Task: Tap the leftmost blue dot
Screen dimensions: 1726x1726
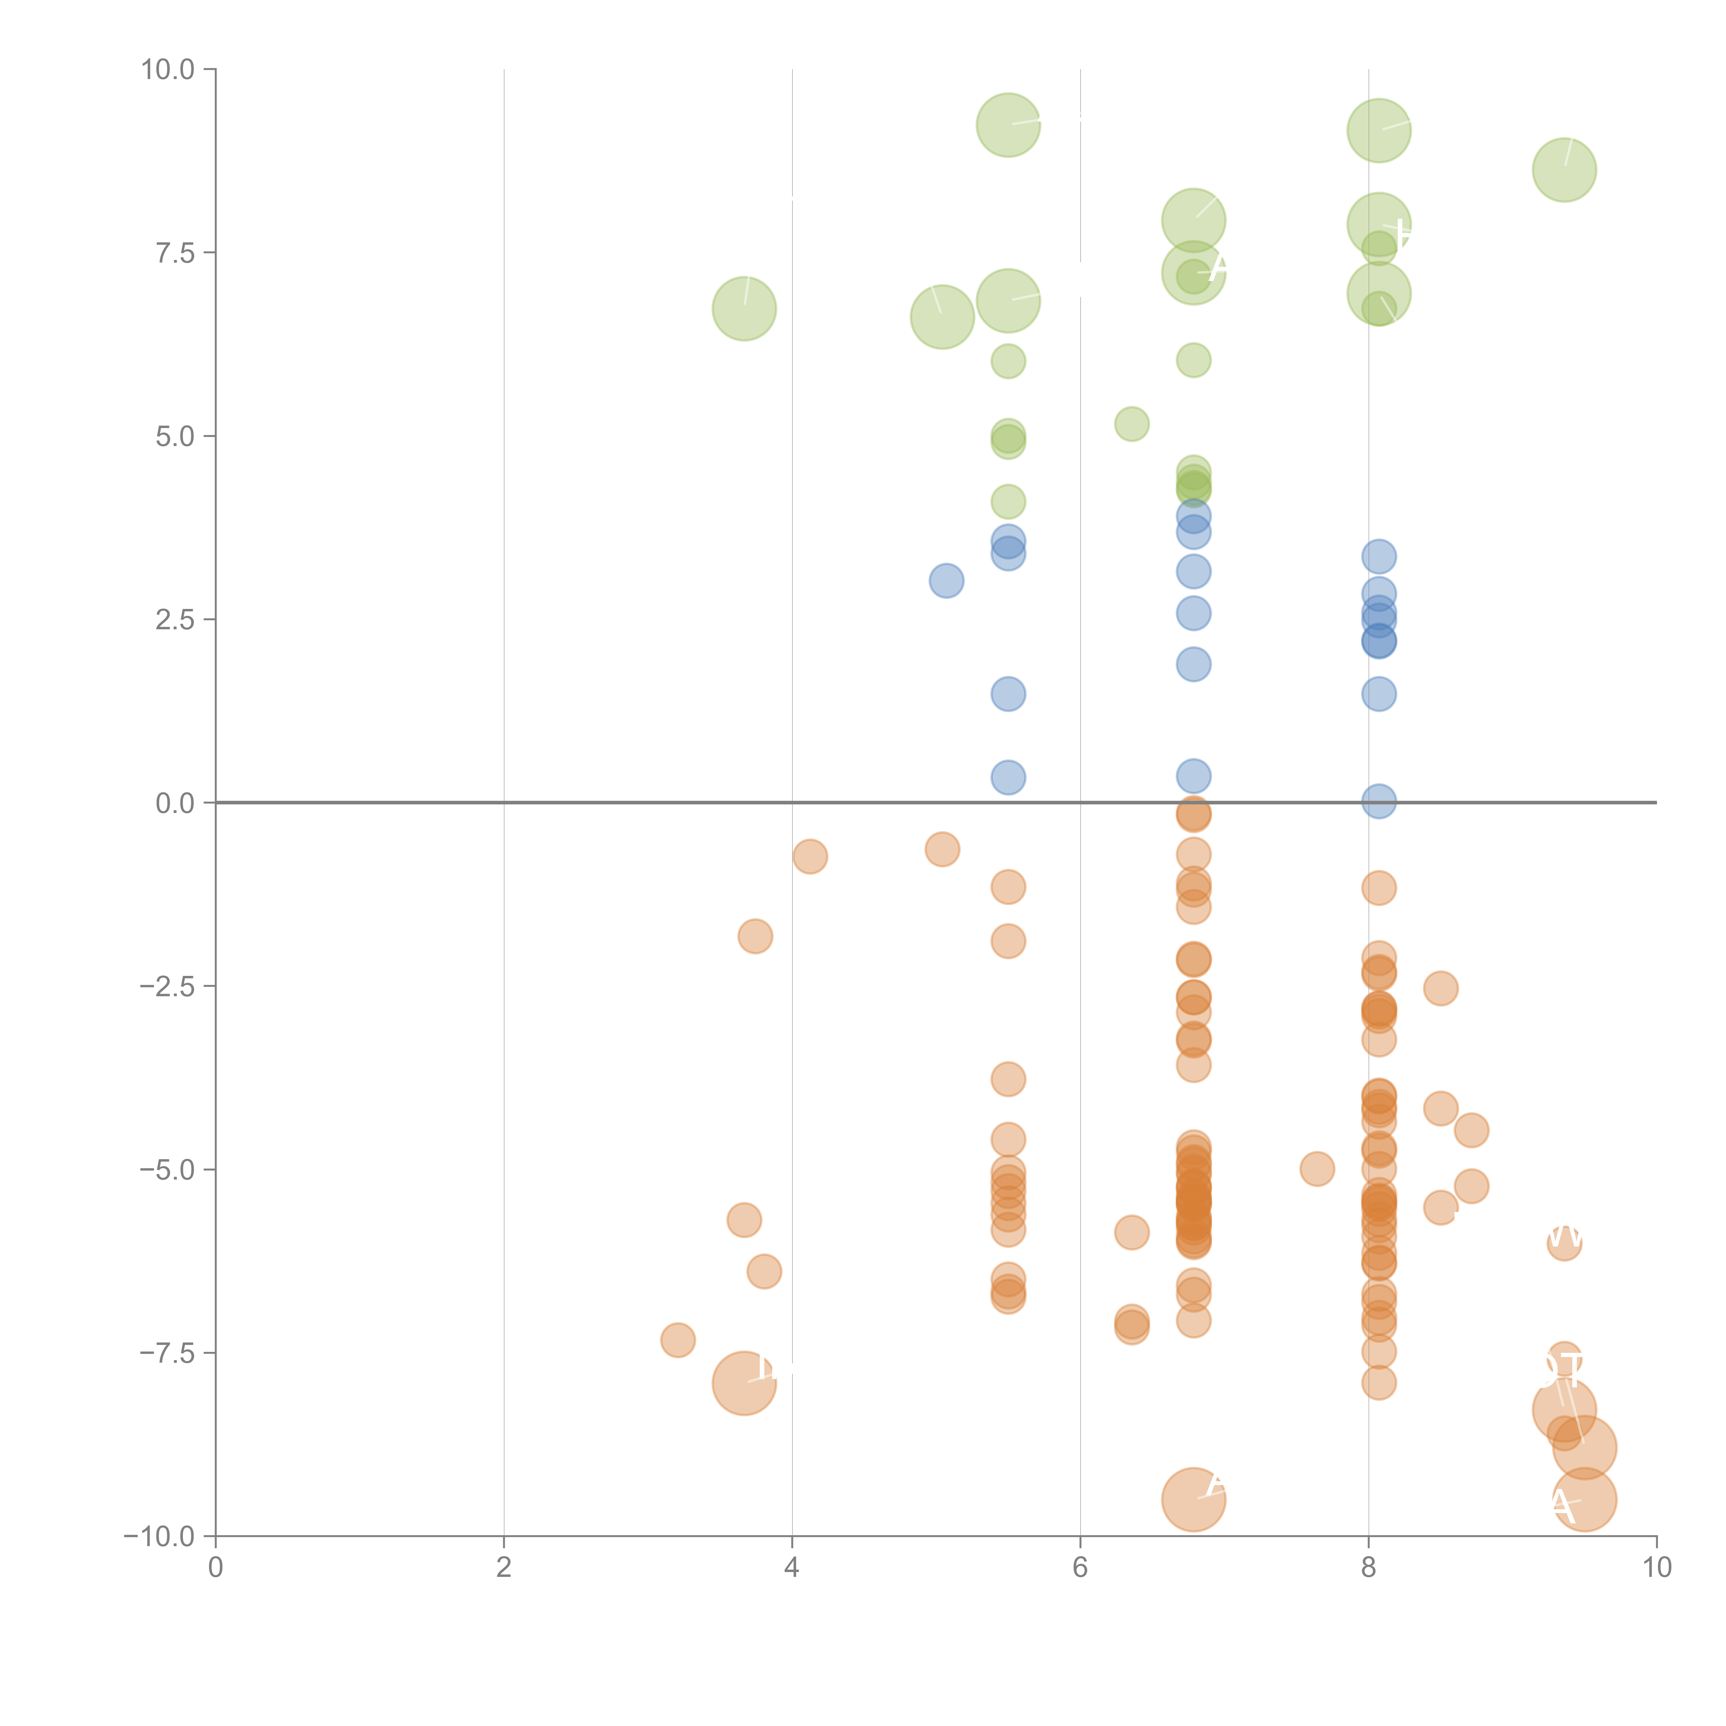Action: [946, 581]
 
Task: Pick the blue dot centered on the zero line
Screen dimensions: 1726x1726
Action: [1378, 801]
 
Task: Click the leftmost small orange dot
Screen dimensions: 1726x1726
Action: [678, 1340]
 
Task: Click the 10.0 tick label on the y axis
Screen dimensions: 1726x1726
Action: [168, 70]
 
